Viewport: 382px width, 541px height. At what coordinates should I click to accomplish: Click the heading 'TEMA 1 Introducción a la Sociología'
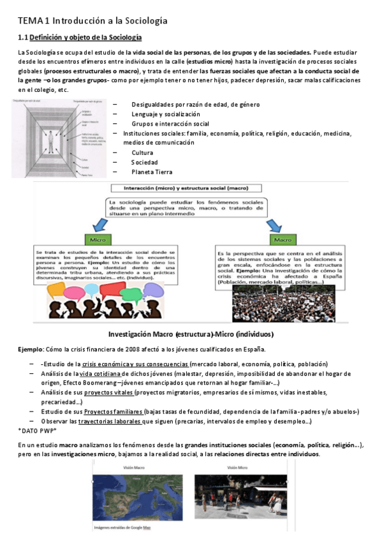tap(92, 21)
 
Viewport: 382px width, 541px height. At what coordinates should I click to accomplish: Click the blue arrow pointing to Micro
tap(99, 224)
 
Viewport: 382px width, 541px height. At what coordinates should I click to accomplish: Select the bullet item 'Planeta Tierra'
tap(152, 172)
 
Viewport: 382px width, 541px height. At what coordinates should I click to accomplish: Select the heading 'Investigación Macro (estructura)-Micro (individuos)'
tap(191, 334)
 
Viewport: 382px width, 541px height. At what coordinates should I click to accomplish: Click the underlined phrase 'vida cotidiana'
tap(100, 374)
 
